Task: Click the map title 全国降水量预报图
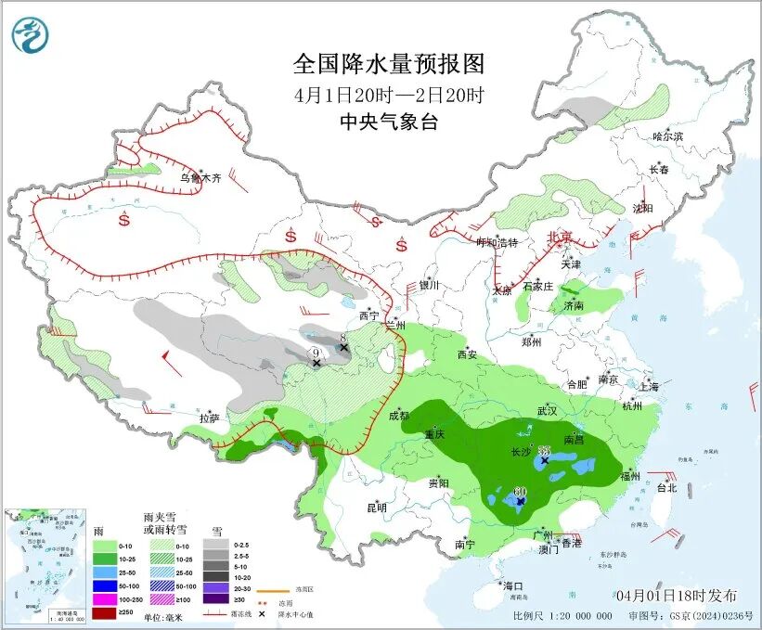pos(389,64)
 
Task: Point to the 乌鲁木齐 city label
pos(200,177)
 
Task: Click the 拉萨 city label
pos(209,418)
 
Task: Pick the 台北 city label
pos(665,487)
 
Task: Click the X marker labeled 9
pos(316,363)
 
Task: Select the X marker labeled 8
pos(344,348)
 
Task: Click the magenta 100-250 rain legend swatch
pos(105,600)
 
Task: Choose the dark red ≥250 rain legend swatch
pos(105,613)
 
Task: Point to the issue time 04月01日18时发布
pos(676,595)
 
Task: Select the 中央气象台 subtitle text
pos(389,122)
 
